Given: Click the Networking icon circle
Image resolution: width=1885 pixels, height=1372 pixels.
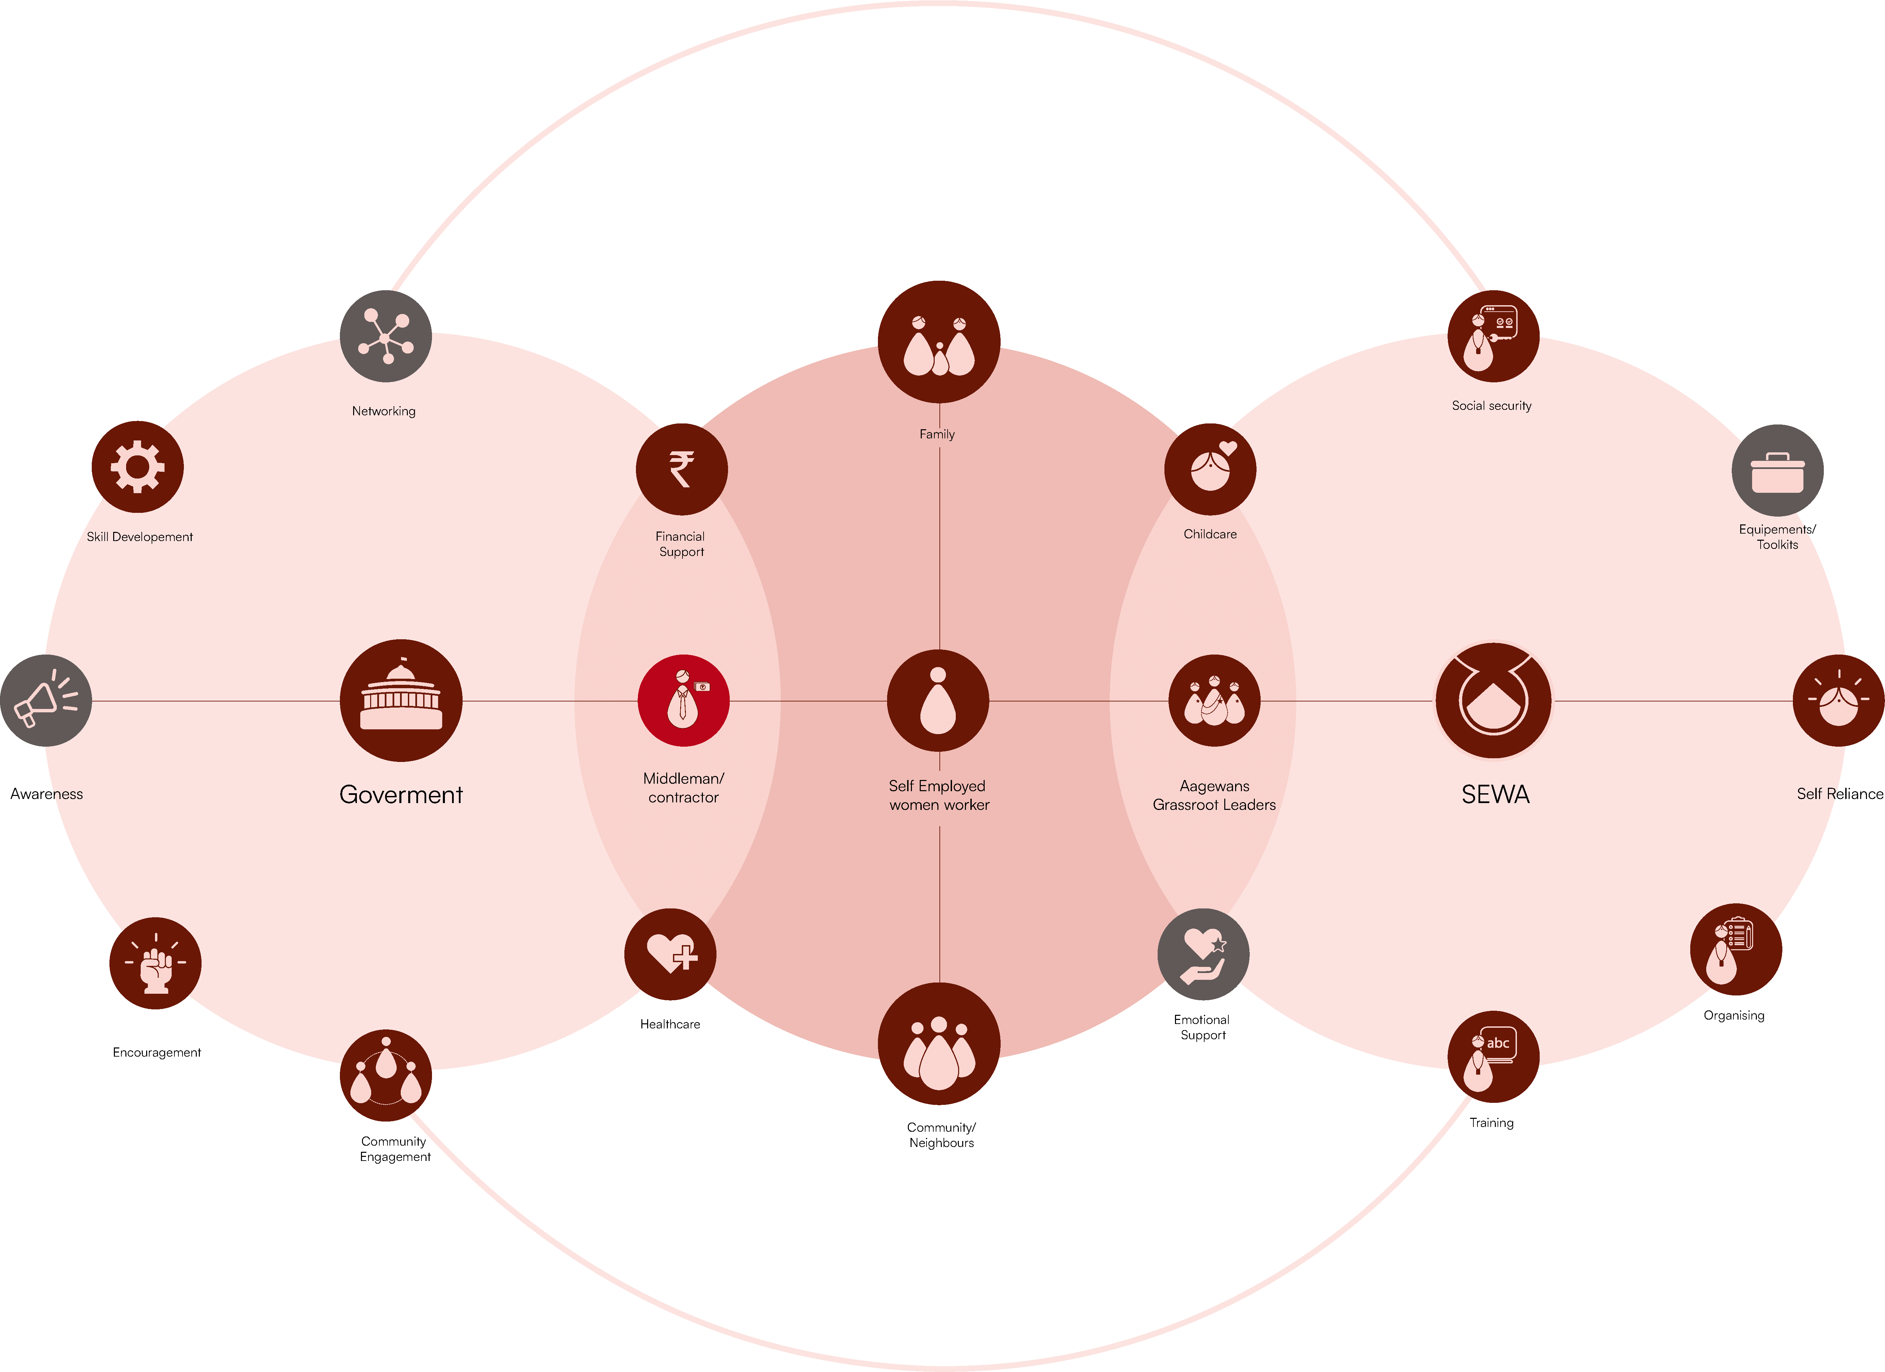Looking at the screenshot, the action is tap(386, 336).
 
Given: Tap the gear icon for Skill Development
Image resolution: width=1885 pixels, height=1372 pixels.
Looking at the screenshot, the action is tap(137, 467).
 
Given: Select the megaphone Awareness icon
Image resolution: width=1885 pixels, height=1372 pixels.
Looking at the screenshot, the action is tap(46, 700).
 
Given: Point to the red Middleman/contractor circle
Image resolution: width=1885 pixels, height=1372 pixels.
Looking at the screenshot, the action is tap(683, 700).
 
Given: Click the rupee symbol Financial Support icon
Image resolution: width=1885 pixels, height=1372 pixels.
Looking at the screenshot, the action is tap(681, 470).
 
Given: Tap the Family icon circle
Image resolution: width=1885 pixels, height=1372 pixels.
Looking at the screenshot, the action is tap(939, 342).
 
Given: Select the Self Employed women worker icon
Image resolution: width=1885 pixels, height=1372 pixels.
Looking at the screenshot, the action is tap(938, 700).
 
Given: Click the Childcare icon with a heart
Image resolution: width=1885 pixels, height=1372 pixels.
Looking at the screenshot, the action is tap(1210, 470).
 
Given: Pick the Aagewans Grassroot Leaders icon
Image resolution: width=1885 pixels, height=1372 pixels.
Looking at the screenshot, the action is tap(1214, 700).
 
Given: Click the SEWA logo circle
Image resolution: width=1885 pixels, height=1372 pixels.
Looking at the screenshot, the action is tap(1493, 700).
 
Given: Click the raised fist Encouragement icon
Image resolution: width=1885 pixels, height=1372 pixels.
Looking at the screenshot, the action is tap(155, 963).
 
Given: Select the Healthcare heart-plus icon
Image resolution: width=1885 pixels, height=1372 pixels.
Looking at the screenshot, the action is tap(670, 954).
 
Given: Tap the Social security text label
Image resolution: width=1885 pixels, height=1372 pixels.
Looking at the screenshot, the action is tap(1492, 405).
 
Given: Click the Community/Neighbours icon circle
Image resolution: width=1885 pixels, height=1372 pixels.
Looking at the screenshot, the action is tap(939, 1044).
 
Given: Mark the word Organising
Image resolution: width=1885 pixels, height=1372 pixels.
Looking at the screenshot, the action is tap(1734, 1015).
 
